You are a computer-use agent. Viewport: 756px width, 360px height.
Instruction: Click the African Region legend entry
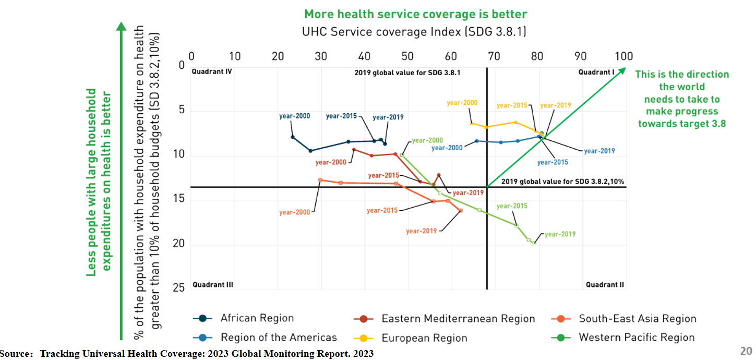(x=243, y=318)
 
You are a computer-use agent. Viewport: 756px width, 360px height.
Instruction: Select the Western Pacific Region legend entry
(x=622, y=338)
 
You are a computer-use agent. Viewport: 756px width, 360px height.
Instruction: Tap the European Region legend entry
(x=411, y=338)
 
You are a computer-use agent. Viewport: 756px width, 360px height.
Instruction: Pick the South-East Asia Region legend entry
(x=623, y=318)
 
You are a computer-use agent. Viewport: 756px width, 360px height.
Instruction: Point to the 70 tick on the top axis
(x=494, y=56)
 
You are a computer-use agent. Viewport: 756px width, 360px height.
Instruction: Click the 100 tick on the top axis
(x=623, y=56)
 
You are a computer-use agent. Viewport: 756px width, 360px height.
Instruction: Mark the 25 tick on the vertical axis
(x=179, y=287)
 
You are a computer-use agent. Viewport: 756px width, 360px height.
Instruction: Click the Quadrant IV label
(x=212, y=71)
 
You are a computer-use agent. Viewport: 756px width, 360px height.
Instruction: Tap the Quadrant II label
(x=605, y=285)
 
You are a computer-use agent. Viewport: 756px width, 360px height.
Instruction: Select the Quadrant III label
(x=213, y=285)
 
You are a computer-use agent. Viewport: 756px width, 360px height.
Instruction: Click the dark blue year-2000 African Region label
(x=295, y=116)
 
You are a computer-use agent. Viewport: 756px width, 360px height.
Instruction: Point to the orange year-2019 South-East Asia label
(x=422, y=231)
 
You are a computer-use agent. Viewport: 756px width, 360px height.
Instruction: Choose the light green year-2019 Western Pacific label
(x=560, y=234)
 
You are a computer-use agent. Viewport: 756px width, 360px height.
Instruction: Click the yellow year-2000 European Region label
(x=462, y=103)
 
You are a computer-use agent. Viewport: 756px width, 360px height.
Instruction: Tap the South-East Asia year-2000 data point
(x=320, y=180)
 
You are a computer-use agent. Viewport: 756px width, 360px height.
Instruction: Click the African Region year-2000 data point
(x=293, y=137)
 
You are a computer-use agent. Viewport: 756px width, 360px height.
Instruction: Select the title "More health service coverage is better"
(x=415, y=14)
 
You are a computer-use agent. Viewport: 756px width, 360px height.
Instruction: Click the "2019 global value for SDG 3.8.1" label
(x=407, y=73)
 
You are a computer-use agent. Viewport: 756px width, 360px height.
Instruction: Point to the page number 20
(x=746, y=351)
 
